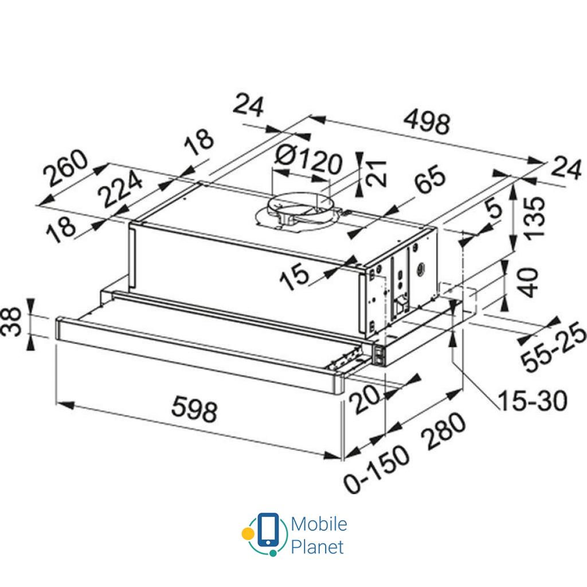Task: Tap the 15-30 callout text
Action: coord(531,400)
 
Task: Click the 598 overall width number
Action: coord(195,410)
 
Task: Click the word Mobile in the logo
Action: coord(318,524)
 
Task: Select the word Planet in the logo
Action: coord(317,546)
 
